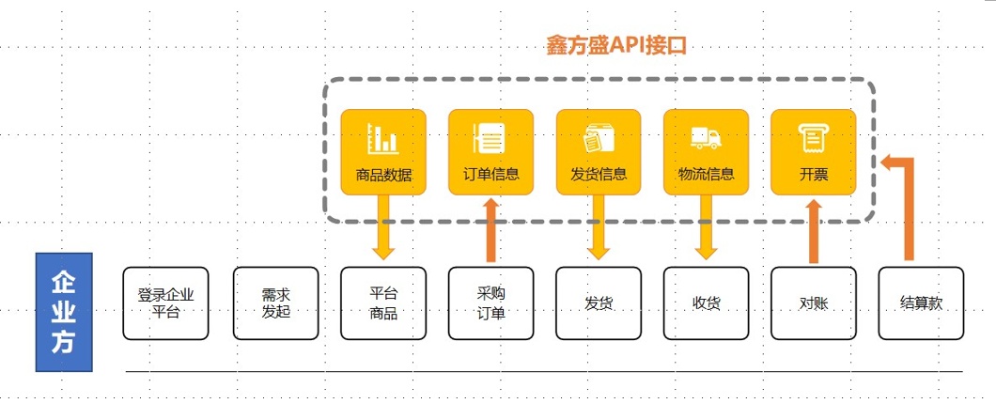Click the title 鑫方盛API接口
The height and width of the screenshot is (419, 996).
click(x=616, y=45)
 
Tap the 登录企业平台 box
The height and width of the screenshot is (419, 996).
click(x=165, y=303)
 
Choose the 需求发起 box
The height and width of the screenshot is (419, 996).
click(x=275, y=303)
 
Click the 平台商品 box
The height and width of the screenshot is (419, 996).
click(x=382, y=303)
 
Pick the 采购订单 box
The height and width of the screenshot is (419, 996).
click(x=490, y=303)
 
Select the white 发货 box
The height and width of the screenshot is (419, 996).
click(x=599, y=303)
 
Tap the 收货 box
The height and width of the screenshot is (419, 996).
click(x=706, y=303)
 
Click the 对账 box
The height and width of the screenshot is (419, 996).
click(x=813, y=303)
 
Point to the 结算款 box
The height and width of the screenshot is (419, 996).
click(x=921, y=303)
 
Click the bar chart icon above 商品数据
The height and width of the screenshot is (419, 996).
click(x=383, y=140)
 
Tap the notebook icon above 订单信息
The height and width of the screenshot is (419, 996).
click(x=490, y=139)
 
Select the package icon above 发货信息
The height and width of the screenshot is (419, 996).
click(x=599, y=139)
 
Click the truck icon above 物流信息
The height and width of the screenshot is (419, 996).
click(x=706, y=139)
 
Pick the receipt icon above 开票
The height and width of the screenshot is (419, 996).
click(x=813, y=139)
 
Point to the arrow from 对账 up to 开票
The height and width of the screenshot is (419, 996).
click(x=814, y=230)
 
